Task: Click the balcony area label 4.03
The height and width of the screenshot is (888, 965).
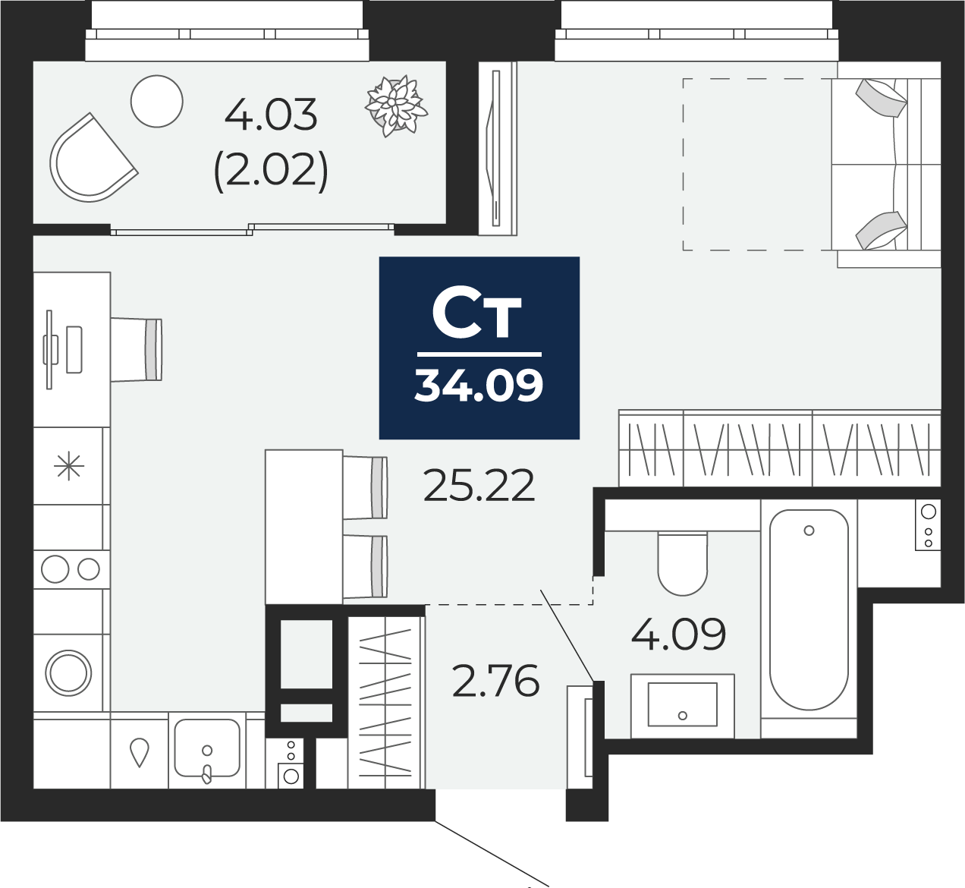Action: [x=271, y=115]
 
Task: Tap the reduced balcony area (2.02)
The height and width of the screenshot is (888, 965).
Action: [x=271, y=170]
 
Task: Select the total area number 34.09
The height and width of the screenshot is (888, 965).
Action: [x=479, y=385]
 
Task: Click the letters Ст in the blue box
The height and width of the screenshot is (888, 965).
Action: [x=477, y=315]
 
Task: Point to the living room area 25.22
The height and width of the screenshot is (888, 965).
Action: [x=479, y=486]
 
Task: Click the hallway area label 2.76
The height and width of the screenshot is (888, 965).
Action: [x=495, y=681]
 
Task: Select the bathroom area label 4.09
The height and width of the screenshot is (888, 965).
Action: [x=678, y=635]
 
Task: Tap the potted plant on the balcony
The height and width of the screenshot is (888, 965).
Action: [x=395, y=105]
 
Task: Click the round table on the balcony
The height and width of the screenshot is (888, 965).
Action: [x=157, y=102]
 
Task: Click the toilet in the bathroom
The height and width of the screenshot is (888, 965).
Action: [x=683, y=563]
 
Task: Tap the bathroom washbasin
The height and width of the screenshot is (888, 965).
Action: [x=682, y=704]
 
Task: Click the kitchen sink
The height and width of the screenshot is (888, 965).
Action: [x=207, y=749]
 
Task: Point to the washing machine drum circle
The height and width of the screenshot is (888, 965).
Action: [x=68, y=672]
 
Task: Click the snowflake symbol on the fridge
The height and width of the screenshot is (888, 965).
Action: [x=68, y=466]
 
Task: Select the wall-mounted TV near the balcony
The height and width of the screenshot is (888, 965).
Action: [x=496, y=148]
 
